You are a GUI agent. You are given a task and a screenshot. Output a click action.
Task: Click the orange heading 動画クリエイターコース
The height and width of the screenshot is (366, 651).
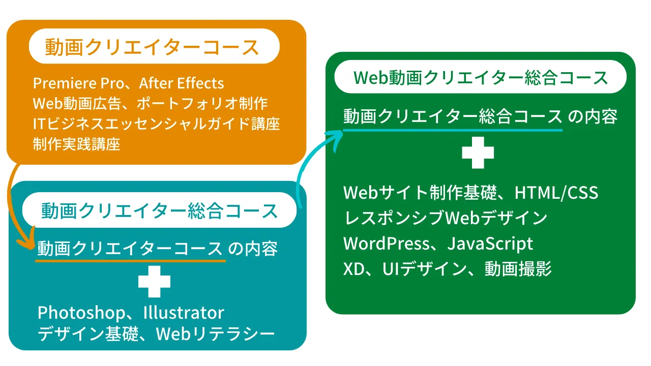tap(152, 47)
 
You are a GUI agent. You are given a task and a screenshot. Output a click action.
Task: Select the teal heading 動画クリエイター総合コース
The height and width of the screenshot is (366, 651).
tap(159, 210)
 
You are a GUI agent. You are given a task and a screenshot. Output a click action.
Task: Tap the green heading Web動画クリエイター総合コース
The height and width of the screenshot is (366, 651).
tap(481, 78)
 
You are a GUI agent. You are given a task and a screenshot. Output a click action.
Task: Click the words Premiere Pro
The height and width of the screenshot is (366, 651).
tap(78, 83)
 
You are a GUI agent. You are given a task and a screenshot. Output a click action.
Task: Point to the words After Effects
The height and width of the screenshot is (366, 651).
tap(182, 83)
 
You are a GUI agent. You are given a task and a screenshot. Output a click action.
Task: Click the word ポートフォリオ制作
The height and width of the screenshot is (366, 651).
tap(202, 103)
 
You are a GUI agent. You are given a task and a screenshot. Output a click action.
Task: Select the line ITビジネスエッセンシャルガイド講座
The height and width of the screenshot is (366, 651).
tap(156, 124)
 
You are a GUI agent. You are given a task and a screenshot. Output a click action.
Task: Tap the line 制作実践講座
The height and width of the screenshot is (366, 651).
tap(76, 144)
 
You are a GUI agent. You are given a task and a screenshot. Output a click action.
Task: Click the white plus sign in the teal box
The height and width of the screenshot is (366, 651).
tap(154, 282)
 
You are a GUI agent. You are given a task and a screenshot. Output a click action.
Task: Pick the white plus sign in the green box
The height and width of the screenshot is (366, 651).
tap(478, 152)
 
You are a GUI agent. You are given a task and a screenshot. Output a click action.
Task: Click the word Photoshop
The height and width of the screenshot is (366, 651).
tap(81, 313)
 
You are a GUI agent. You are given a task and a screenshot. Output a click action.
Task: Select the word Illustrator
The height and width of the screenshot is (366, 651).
tap(184, 313)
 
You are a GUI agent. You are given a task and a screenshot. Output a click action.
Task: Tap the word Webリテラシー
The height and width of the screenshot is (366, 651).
tap(215, 334)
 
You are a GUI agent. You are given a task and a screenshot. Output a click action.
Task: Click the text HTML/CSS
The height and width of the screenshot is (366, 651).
tap(556, 192)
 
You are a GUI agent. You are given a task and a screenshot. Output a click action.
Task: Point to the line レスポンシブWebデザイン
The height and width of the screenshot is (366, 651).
tap(445, 218)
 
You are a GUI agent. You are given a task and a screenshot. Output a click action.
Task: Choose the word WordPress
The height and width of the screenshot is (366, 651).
tap(386, 243)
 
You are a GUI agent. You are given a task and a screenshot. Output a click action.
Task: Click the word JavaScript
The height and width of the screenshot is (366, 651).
tap(490, 243)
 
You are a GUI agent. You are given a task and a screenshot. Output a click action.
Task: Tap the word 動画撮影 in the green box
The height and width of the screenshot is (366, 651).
tap(518, 269)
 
